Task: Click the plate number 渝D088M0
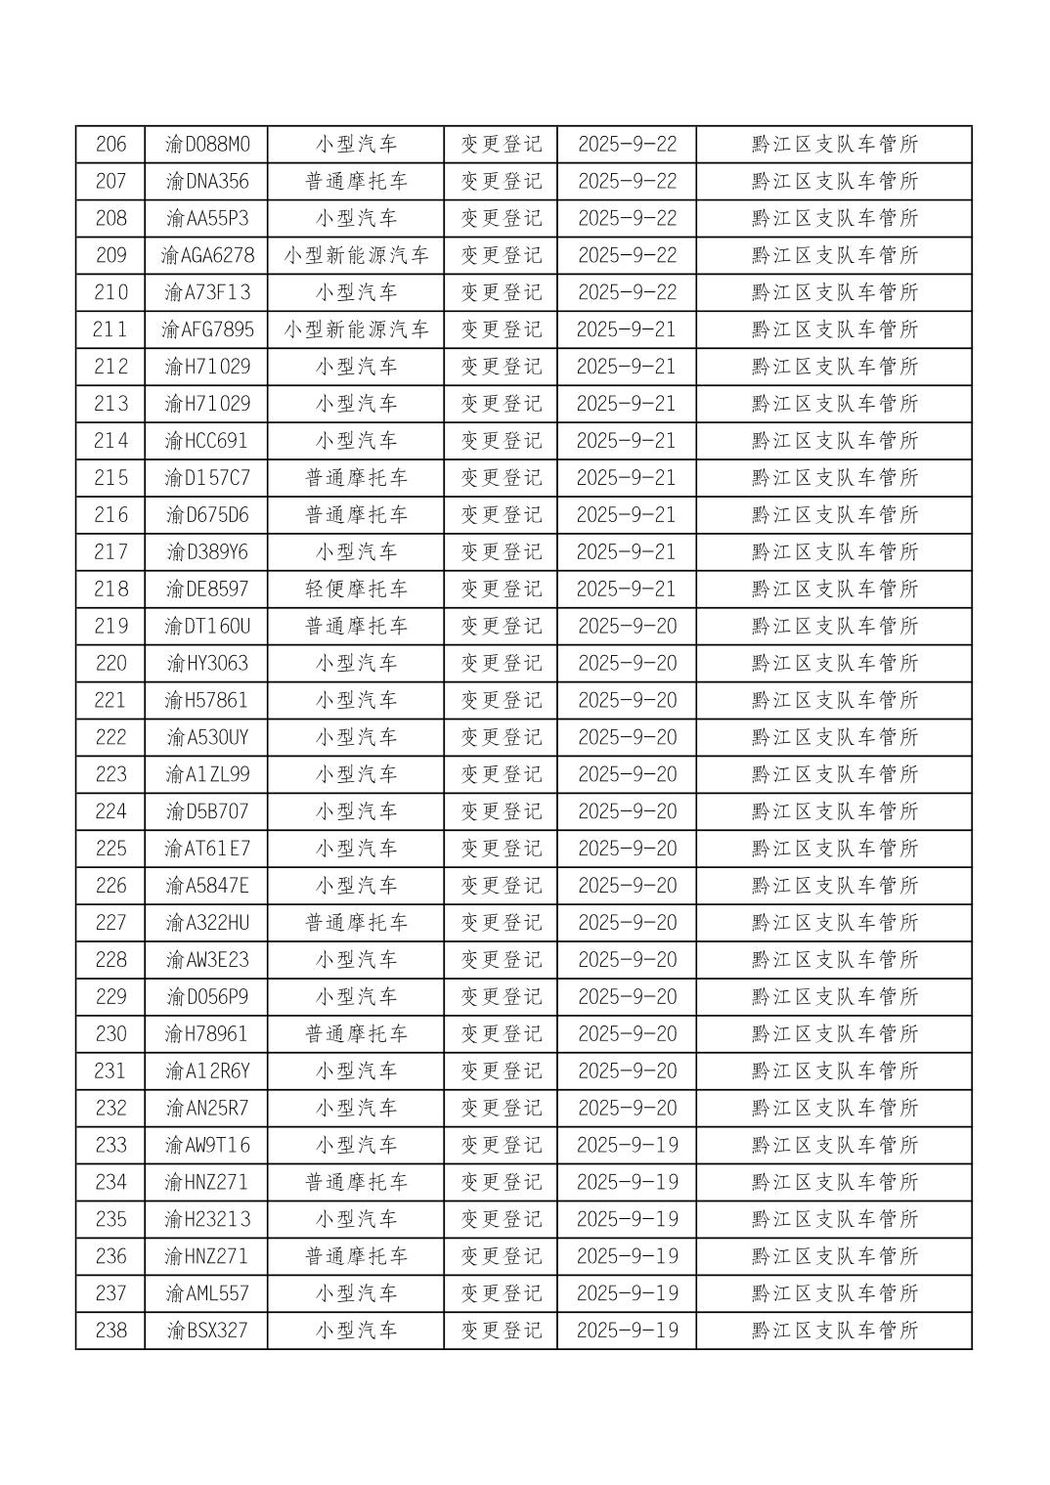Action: (206, 145)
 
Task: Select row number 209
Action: (110, 255)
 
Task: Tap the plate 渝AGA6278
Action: (206, 255)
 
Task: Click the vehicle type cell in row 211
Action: (356, 329)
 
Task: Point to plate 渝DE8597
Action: (206, 589)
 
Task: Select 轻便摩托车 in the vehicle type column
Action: (356, 589)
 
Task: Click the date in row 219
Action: (627, 626)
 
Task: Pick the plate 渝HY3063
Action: (206, 663)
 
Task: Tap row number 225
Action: (110, 849)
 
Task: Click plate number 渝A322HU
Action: (206, 922)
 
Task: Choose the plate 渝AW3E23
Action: (206, 959)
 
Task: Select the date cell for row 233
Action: (627, 1145)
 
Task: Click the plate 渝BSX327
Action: (206, 1330)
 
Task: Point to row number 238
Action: (110, 1330)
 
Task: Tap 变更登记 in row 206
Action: (501, 145)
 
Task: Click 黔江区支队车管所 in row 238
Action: (834, 1330)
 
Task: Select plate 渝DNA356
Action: (206, 181)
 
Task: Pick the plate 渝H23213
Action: (206, 1219)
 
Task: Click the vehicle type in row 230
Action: (356, 1033)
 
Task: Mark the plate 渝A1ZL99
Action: (206, 774)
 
